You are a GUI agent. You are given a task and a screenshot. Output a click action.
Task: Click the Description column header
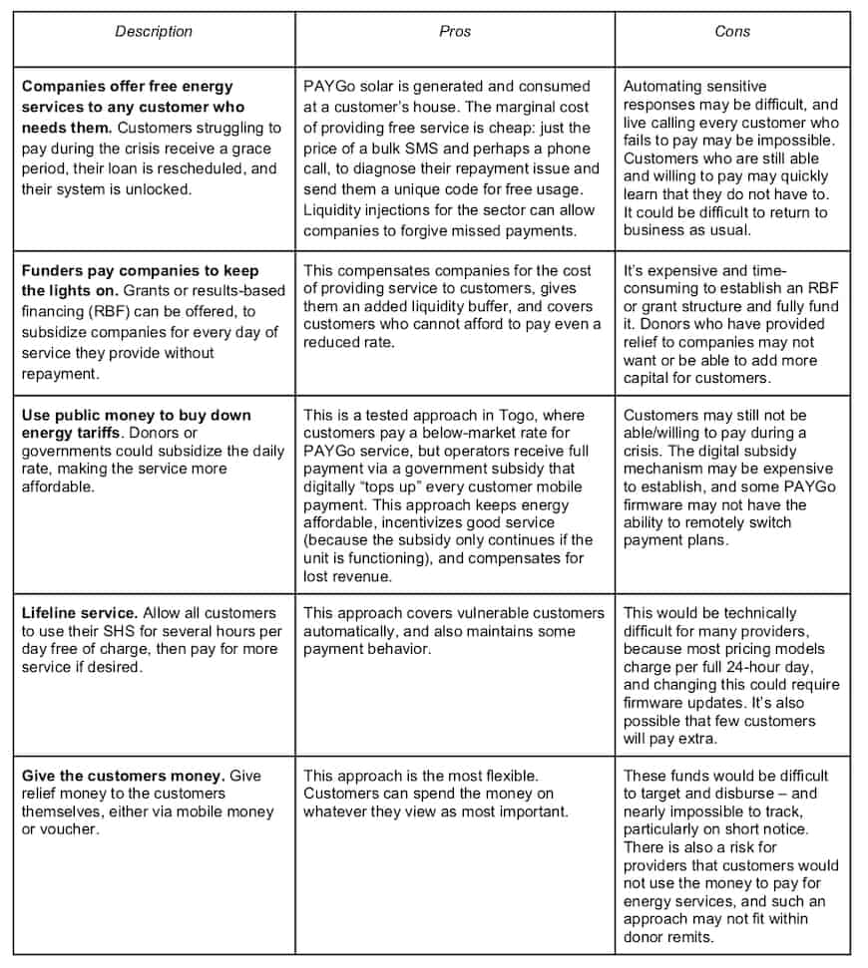click(154, 32)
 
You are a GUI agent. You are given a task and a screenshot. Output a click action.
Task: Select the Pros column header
click(454, 32)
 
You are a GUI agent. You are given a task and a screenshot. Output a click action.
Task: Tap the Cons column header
click(732, 32)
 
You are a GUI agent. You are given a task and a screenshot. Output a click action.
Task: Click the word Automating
click(663, 87)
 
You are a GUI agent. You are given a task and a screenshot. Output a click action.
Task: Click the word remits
click(688, 937)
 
